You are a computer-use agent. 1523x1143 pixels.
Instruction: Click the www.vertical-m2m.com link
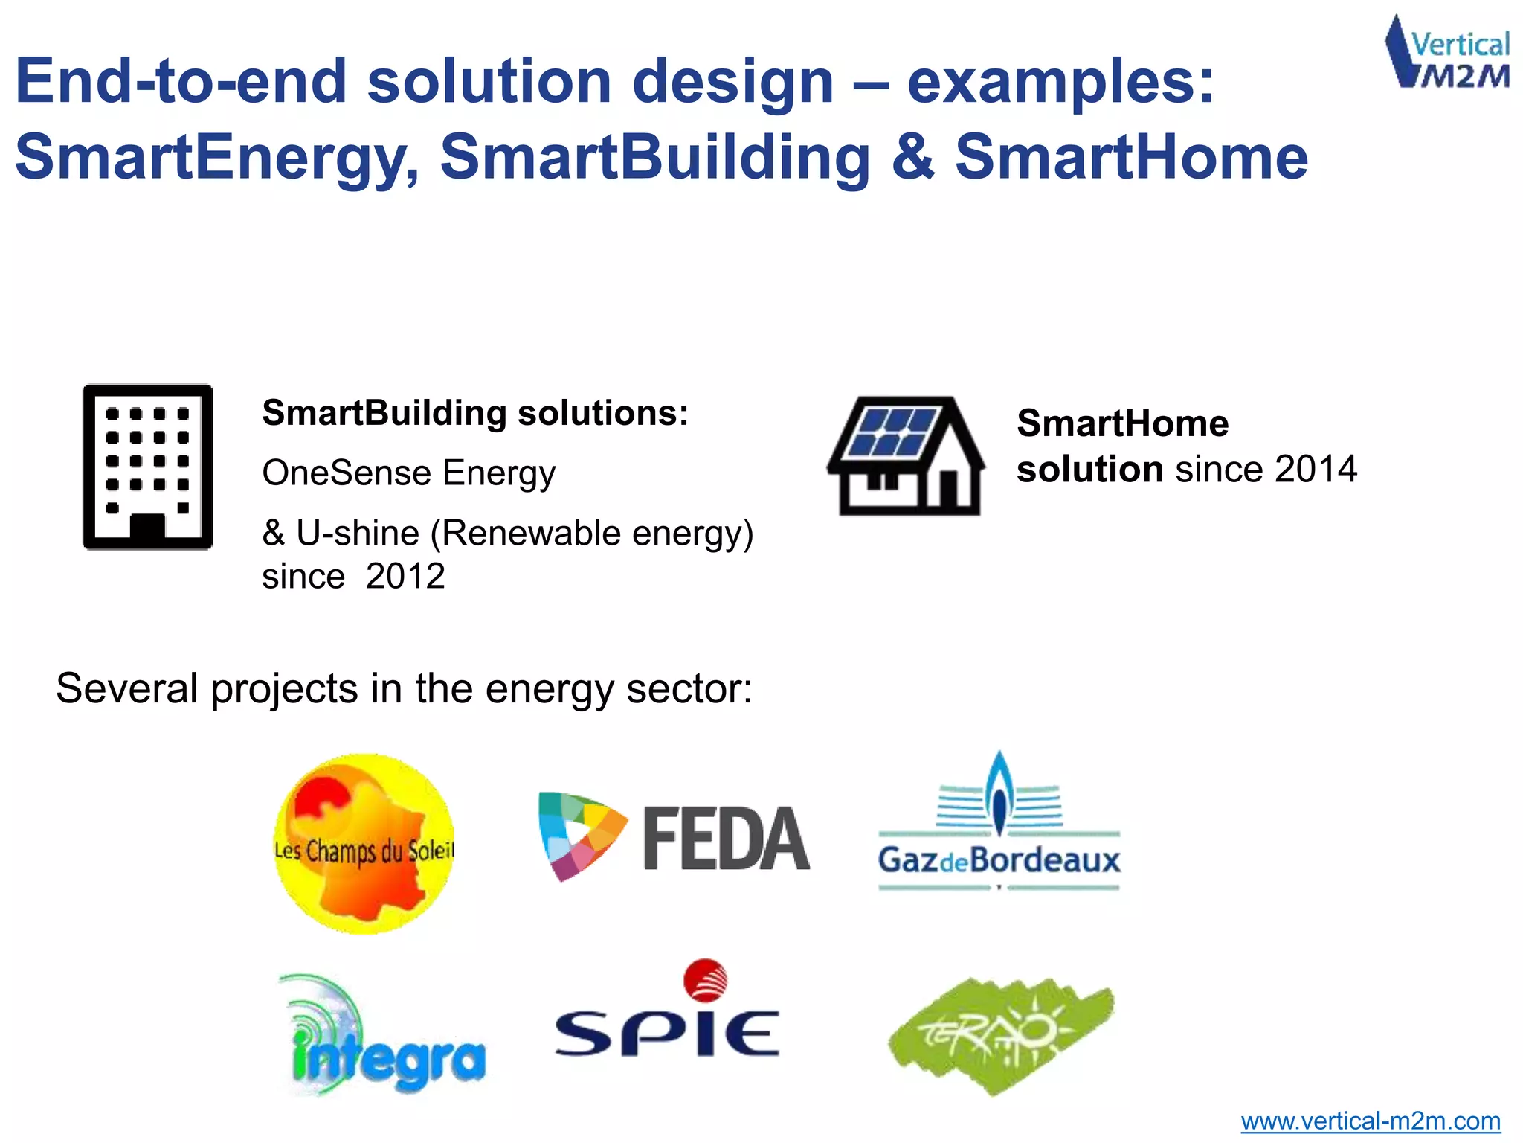[1370, 1121]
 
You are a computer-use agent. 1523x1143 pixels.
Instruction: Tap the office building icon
[147, 467]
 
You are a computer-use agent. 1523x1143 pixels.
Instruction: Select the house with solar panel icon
[907, 455]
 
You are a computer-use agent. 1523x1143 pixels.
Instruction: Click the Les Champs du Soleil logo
[364, 843]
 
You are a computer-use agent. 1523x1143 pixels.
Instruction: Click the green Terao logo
[1001, 1034]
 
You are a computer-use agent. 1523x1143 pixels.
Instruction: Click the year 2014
[1316, 470]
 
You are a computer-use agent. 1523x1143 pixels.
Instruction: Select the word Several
[127, 688]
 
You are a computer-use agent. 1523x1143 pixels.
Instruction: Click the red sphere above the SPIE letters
[705, 980]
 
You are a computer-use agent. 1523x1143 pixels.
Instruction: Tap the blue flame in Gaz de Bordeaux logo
[999, 793]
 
